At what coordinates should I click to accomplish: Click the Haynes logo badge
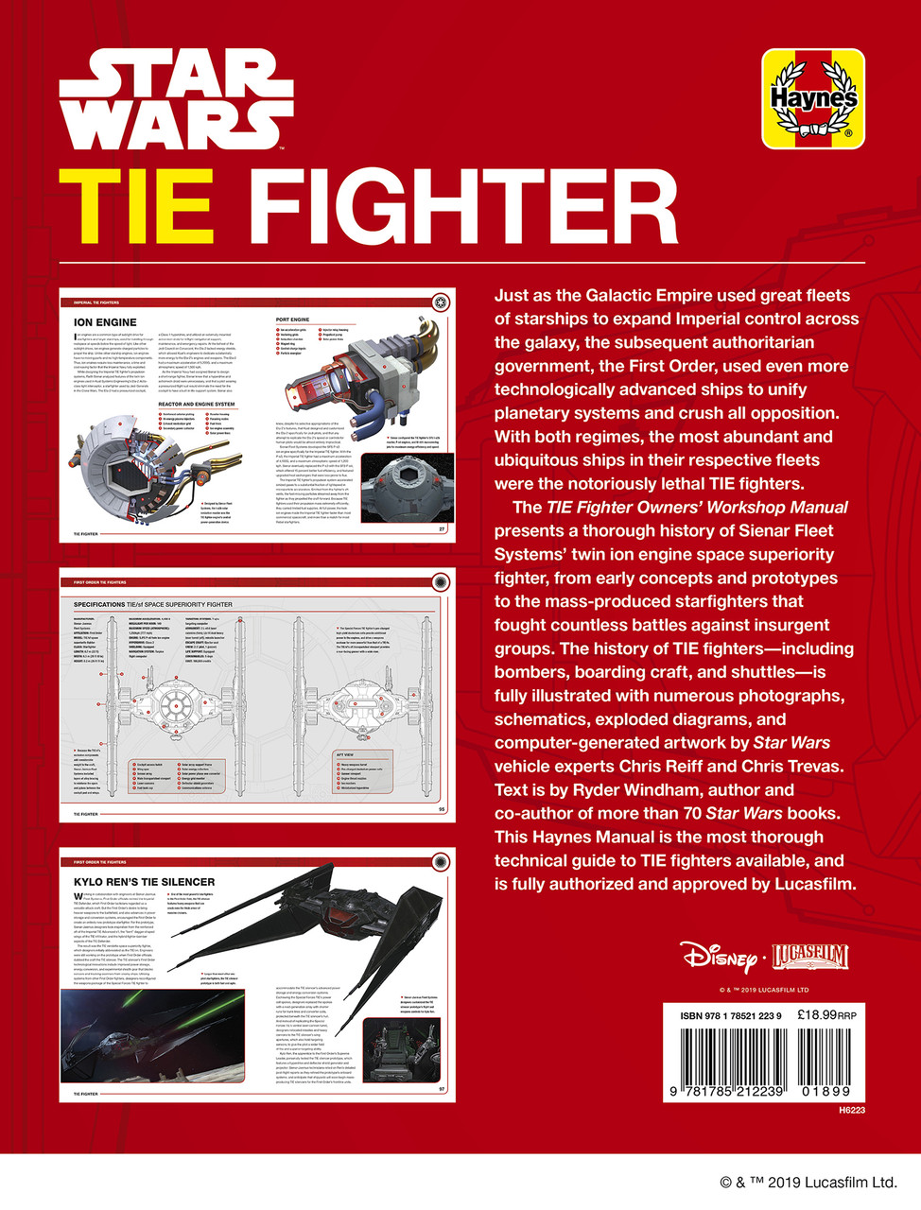click(x=813, y=98)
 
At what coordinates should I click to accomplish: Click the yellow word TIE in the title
click(x=135, y=207)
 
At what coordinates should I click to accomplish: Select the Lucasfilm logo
click(x=810, y=957)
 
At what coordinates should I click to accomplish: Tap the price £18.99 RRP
click(x=826, y=1015)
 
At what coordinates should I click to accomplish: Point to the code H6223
click(x=851, y=1110)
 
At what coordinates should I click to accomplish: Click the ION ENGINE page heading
click(x=105, y=322)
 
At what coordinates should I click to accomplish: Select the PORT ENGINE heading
click(x=292, y=320)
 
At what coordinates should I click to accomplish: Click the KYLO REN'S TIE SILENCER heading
click(x=144, y=882)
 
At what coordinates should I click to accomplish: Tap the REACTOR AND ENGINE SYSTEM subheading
click(x=197, y=405)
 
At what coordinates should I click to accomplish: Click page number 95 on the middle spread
click(x=442, y=809)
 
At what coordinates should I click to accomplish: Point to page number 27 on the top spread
click(x=442, y=529)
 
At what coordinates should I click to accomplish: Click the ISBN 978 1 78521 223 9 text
click(x=730, y=1016)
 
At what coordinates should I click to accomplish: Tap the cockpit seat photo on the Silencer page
click(x=401, y=1048)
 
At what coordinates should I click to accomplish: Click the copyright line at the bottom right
click(x=808, y=1182)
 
